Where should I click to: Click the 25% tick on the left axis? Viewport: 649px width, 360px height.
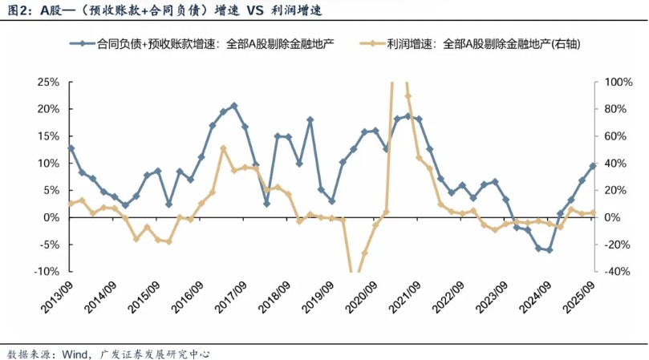47,82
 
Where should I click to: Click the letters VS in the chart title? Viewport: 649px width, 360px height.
249,12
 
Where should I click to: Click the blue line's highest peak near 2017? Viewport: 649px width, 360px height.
234,105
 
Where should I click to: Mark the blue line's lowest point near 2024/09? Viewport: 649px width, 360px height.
550,250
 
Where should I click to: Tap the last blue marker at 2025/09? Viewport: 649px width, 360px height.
593,166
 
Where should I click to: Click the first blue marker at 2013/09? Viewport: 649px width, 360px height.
71,148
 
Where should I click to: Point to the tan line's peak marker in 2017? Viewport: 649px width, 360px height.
223,148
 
